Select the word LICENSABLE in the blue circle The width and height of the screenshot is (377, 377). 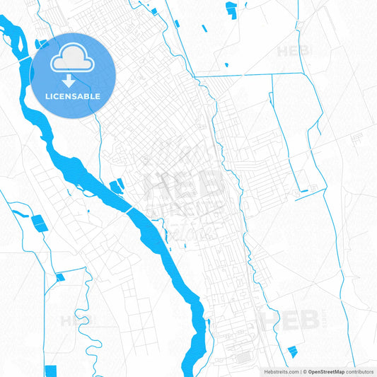pos(73,96)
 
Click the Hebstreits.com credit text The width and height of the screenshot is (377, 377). pos(279,371)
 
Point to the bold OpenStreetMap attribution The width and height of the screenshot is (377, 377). pos(325,371)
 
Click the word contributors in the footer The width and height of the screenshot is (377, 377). pos(360,371)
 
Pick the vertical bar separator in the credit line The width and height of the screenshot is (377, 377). pos(301,371)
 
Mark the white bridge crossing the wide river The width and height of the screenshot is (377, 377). pos(129,210)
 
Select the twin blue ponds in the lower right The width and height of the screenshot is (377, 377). pos(291,352)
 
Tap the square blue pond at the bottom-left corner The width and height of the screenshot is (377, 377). pos(50,371)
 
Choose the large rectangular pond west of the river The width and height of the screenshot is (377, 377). pos(39,224)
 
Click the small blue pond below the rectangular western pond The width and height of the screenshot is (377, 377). pos(59,276)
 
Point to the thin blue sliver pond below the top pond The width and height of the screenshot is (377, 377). pos(204,29)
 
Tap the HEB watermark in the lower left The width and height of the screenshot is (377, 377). pos(76,320)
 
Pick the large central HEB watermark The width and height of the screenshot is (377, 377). pos(182,185)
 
